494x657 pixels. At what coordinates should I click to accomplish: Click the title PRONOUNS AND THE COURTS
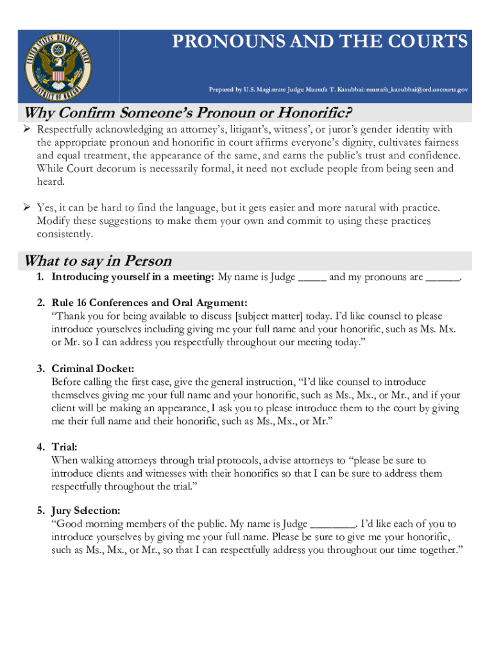tap(319, 42)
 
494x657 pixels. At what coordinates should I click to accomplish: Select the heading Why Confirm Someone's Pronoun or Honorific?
tap(188, 114)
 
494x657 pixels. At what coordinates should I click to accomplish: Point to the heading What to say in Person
tap(98, 261)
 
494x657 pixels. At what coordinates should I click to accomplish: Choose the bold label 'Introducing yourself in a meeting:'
tap(133, 277)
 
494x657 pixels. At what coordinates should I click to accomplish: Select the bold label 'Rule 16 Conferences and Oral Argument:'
tap(149, 303)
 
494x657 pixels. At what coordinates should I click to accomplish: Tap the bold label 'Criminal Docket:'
tap(93, 368)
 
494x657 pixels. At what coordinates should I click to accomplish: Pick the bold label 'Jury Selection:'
tap(86, 511)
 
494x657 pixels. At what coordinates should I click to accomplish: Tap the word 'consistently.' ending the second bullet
tap(65, 234)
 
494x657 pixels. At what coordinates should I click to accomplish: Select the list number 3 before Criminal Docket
tap(40, 368)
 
